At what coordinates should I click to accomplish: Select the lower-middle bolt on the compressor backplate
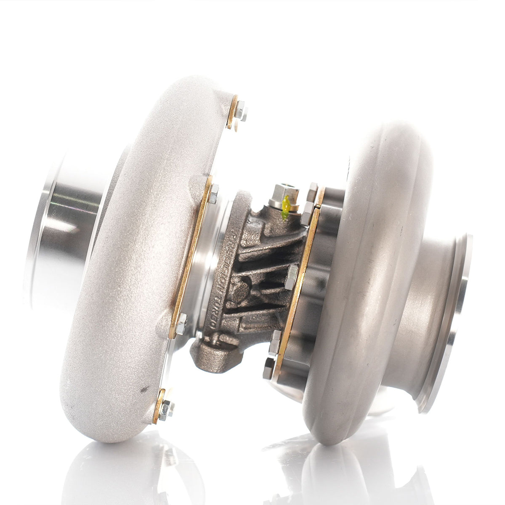[181, 324]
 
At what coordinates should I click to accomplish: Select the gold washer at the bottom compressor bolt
[159, 406]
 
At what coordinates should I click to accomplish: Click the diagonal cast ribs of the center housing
[257, 269]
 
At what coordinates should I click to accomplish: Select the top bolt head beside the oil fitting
[313, 189]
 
